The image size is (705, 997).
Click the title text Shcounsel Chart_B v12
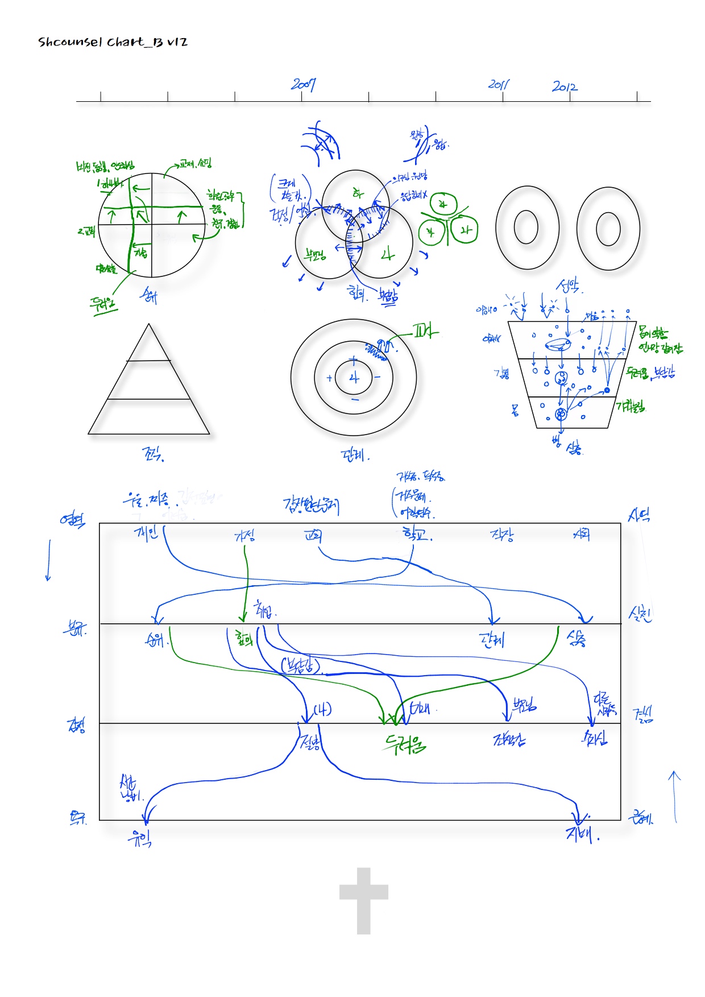tap(113, 42)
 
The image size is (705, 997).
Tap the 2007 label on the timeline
tap(303, 85)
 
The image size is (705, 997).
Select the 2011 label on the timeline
tap(499, 85)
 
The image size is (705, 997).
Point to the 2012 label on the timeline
tap(564, 86)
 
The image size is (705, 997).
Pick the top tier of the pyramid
tap(149, 346)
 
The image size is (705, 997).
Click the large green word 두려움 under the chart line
tap(405, 743)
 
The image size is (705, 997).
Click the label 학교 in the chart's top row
tap(416, 534)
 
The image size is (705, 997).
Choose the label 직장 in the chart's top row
tap(501, 535)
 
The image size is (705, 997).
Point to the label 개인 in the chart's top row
tap(146, 533)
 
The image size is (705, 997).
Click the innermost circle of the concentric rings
tap(354, 378)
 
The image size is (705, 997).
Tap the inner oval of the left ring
tap(526, 227)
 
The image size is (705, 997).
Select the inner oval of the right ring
tap(608, 229)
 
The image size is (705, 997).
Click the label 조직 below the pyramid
tap(152, 453)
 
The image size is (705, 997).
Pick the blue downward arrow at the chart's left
tap(48, 560)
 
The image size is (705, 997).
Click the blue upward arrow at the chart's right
tap(675, 796)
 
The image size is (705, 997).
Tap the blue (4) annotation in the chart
tap(322, 709)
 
